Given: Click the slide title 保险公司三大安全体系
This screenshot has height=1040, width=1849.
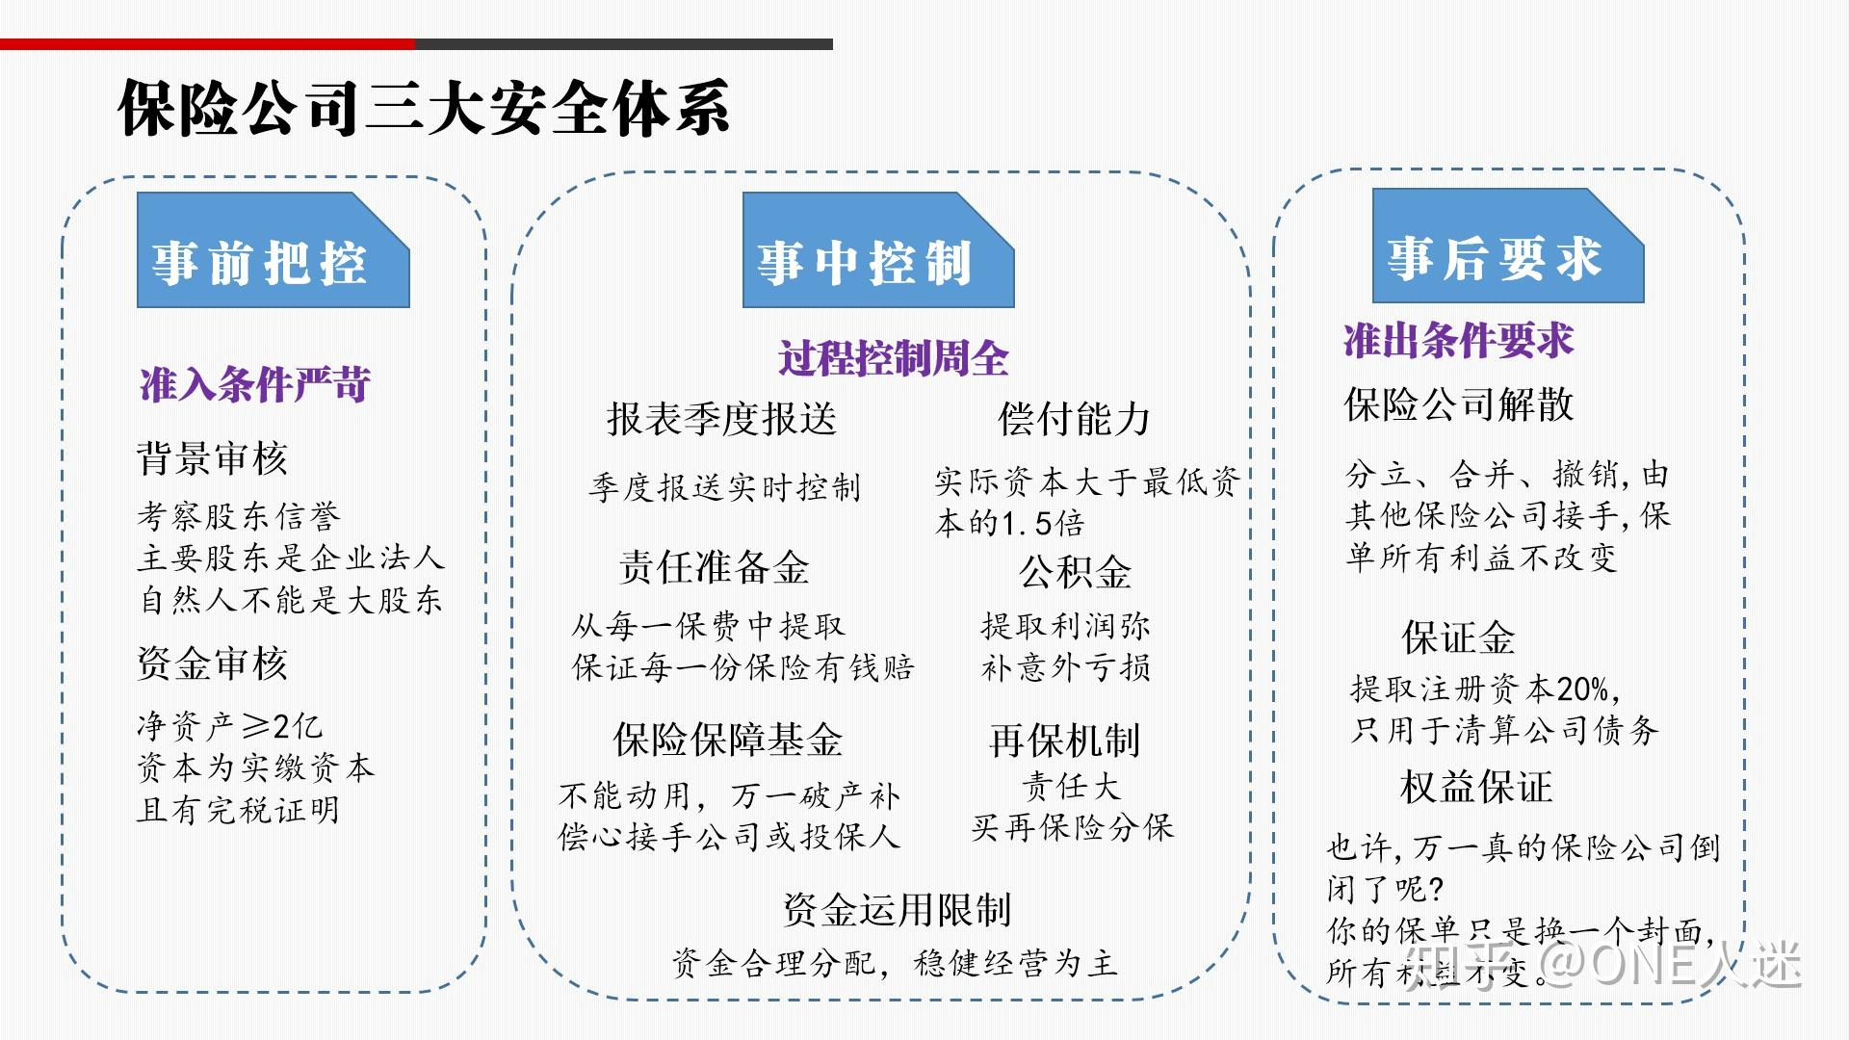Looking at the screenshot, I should (424, 108).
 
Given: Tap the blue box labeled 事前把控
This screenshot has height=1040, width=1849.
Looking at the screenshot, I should (273, 250).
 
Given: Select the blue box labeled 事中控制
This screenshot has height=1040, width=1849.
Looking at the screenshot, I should (877, 250).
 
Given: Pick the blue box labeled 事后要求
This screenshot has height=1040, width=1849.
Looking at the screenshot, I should (1507, 247).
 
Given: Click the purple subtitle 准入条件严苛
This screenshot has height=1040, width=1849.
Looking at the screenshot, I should (255, 385).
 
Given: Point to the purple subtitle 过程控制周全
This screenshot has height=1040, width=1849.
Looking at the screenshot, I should (893, 359).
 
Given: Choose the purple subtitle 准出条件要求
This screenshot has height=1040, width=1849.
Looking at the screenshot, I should (1458, 341).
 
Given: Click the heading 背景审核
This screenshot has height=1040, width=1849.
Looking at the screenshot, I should (212, 458).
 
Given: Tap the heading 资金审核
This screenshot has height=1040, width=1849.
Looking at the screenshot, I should (212, 663).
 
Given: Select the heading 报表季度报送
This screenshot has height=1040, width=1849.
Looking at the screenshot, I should (721, 419).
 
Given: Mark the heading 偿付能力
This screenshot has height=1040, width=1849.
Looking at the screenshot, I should (1074, 419).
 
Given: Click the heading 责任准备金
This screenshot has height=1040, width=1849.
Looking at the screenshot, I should (714, 568).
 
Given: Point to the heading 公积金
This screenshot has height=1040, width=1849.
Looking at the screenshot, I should (1075, 573).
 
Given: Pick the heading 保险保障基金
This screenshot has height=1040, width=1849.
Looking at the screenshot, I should (727, 740).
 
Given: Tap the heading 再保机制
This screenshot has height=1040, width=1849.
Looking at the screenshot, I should (1064, 741).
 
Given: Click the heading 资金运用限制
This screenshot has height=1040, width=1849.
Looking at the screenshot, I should (897, 909).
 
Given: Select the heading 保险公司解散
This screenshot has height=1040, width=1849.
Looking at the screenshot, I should (1458, 404).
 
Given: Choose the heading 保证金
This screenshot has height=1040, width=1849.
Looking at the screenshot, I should (1458, 637).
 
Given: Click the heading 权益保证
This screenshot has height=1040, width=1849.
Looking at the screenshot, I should (1475, 787).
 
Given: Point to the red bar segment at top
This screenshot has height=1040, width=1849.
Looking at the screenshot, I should (207, 44).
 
